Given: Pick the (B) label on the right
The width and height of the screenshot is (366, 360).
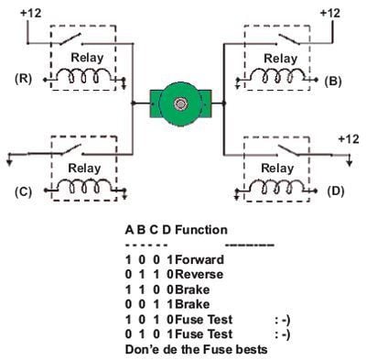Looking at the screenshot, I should pyautogui.click(x=333, y=81).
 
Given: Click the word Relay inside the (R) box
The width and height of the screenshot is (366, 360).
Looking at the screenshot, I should pyautogui.click(x=89, y=57).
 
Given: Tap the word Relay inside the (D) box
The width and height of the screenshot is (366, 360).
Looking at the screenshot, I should pyautogui.click(x=277, y=168).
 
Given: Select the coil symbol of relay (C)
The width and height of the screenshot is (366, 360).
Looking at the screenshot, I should pyautogui.click(x=89, y=188).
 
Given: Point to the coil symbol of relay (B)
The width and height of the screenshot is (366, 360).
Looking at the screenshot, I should pyautogui.click(x=277, y=79).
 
